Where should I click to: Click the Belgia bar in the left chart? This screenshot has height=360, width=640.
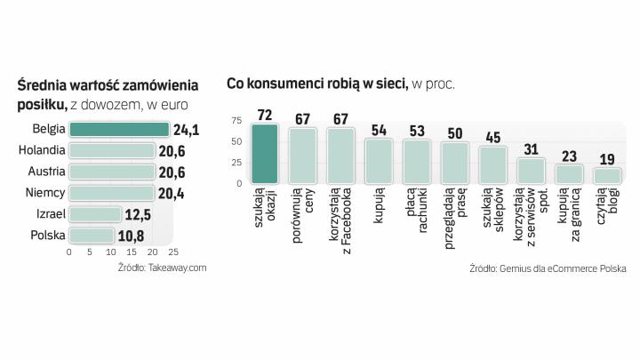pyautogui.click(x=119, y=130)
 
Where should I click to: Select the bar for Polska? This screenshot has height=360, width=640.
pyautogui.click(x=92, y=236)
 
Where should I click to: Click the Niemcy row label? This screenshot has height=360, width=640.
pyautogui.click(x=43, y=193)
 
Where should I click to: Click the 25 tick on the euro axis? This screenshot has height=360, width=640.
pyautogui.click(x=173, y=252)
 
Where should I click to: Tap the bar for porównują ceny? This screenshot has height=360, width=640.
pyautogui.click(x=302, y=156)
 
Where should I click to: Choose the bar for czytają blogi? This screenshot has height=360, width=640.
pyautogui.click(x=607, y=175)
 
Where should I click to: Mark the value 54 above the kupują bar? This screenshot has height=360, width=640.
pyautogui.click(x=379, y=130)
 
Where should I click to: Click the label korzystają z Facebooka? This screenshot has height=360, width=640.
pyautogui.click(x=340, y=219)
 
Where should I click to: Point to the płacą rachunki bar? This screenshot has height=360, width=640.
pyautogui.click(x=417, y=161)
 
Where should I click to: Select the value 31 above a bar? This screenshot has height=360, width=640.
pyautogui.click(x=531, y=149)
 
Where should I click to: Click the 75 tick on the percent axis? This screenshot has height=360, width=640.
pyautogui.click(x=236, y=120)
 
